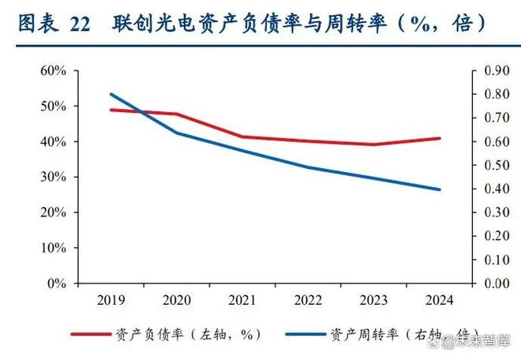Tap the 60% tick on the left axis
point(53,70)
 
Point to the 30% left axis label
point(53,177)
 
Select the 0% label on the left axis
point(57,283)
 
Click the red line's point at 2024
point(438,138)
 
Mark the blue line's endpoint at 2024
point(438,189)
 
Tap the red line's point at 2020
point(175,114)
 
